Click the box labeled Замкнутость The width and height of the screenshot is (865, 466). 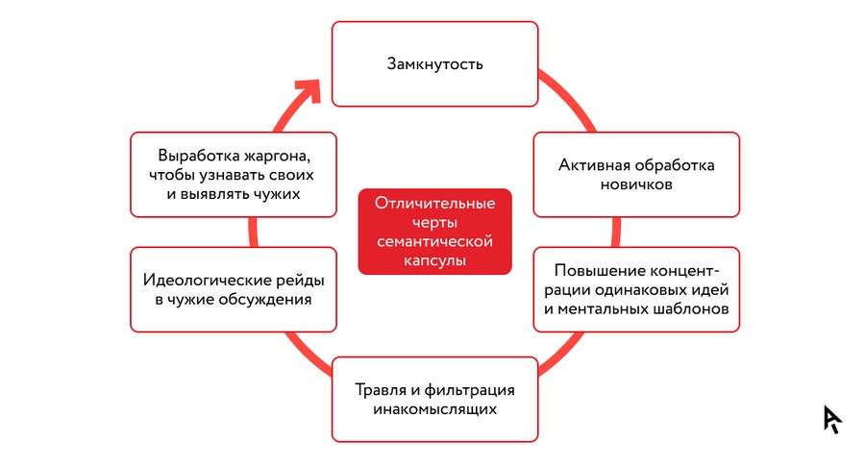tap(434, 64)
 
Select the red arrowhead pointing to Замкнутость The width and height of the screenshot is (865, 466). tap(310, 90)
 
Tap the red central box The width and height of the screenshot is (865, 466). tap(434, 232)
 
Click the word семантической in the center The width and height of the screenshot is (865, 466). tap(434, 241)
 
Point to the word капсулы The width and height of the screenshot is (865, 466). tap(434, 260)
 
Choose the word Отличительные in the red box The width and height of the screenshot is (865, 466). tap(434, 203)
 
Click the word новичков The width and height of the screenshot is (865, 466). tap(636, 184)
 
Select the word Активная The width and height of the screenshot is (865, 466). tap(593, 165)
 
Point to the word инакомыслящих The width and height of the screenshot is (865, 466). tap(434, 409)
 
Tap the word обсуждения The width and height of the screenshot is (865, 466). tap(265, 300)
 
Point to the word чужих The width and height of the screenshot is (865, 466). tap(277, 194)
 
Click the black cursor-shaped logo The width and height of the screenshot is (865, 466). tap(832, 419)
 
